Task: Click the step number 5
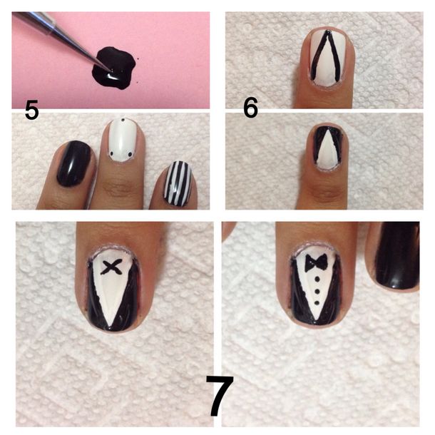click(x=31, y=110)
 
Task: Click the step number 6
click(x=250, y=108)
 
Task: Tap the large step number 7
click(x=220, y=396)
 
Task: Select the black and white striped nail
click(x=178, y=183)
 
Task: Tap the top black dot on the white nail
click(x=123, y=120)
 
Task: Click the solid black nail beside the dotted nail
click(x=73, y=163)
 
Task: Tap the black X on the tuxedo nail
click(x=111, y=267)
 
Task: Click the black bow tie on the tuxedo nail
click(x=316, y=263)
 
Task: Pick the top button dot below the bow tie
click(x=317, y=280)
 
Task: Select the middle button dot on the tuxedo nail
click(x=317, y=292)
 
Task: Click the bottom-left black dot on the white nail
click(x=112, y=153)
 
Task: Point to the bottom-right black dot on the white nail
click(x=130, y=154)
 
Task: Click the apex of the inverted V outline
click(x=327, y=32)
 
